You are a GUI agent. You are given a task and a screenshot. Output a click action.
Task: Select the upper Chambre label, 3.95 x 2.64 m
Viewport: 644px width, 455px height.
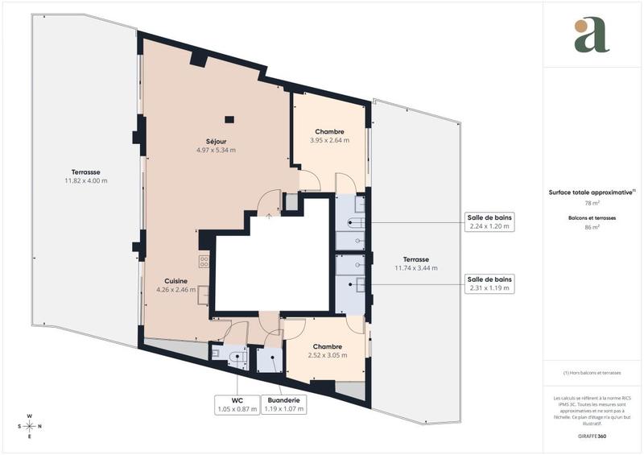[x=329, y=135]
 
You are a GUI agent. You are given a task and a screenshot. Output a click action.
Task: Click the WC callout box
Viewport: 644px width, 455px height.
[x=237, y=404]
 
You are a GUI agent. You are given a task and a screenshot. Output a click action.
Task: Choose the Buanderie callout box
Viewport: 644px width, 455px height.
[x=285, y=404]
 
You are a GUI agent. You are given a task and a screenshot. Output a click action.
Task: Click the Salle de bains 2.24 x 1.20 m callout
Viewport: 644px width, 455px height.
[x=489, y=221]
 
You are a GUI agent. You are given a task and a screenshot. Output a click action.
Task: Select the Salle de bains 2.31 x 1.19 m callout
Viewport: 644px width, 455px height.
[x=489, y=283]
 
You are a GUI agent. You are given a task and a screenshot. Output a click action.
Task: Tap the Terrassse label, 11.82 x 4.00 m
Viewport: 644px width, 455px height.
[x=86, y=176]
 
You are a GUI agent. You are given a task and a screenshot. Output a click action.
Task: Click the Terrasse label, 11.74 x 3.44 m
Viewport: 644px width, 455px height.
[x=415, y=263]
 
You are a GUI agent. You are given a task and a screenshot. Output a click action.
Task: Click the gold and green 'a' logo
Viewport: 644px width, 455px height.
[x=592, y=35]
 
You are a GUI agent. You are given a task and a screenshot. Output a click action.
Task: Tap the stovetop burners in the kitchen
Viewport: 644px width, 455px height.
[x=204, y=261]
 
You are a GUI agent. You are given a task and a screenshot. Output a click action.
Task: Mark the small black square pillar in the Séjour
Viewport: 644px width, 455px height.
[x=229, y=120]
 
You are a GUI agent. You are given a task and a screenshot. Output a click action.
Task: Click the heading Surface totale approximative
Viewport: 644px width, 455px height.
[x=592, y=192]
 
